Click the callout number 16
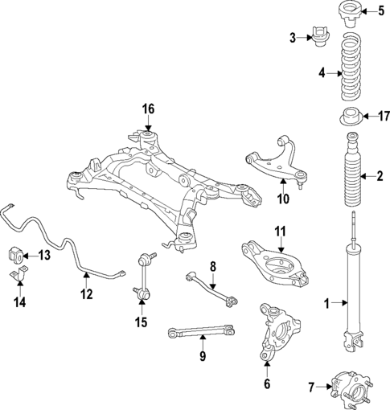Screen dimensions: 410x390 pos(147,109)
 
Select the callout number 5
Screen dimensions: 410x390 pos(381,11)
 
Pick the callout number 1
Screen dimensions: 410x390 pos(326,304)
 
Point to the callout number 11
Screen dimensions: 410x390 pos(280,232)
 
